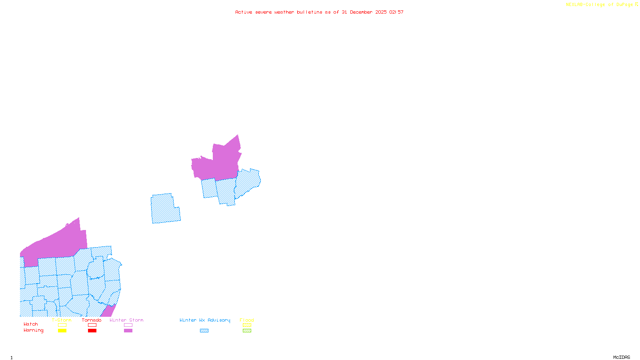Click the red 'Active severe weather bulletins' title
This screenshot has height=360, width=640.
[319, 12]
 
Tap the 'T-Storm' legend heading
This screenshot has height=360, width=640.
[62, 320]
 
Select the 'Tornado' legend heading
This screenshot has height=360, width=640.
[92, 320]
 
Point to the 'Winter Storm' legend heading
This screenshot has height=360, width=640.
[126, 320]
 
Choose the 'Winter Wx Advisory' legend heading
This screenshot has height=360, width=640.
[205, 320]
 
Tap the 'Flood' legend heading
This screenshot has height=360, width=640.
[247, 320]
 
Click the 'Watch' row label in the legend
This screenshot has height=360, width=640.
[31, 324]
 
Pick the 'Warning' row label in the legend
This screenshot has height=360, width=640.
[34, 330]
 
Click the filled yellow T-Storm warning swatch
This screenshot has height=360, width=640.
[62, 331]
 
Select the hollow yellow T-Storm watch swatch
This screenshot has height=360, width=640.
[62, 325]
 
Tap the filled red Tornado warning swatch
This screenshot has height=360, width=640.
[92, 331]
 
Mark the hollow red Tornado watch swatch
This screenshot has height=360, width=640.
[92, 325]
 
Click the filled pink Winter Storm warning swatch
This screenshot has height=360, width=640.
[128, 331]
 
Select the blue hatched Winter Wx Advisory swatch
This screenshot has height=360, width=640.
[204, 331]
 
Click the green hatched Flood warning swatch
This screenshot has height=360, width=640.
[247, 331]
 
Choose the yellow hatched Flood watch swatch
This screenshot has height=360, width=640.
[247, 325]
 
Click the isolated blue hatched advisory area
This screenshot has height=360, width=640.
[165, 209]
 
